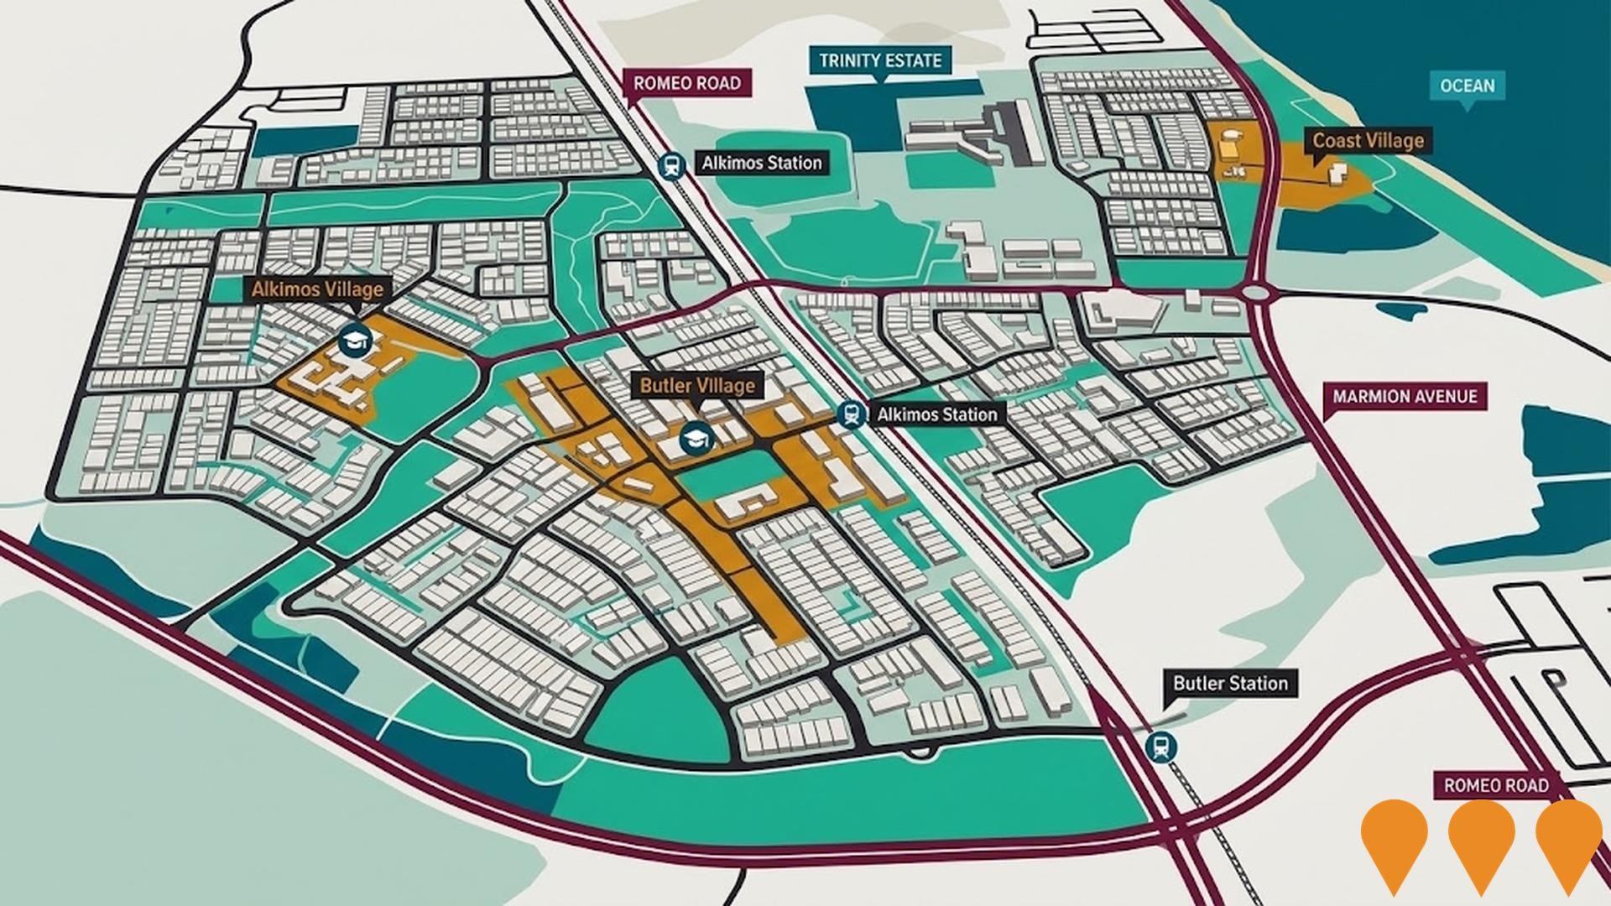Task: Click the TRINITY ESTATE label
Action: coord(880,60)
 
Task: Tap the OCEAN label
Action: coord(1467,86)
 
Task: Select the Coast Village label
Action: coord(1368,140)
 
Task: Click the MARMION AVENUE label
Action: coord(1405,396)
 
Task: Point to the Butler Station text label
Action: coord(1230,683)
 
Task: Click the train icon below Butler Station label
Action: coord(1160,746)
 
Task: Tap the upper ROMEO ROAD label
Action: coord(686,83)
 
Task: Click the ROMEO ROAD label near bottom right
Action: coord(1495,786)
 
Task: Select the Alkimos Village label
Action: coord(317,289)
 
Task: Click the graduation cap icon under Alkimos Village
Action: coord(355,340)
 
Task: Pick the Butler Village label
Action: coord(697,386)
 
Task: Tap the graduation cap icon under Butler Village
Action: coord(695,437)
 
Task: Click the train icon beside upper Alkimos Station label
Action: coord(670,165)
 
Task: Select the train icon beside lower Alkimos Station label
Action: coord(852,414)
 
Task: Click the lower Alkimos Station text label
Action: coord(936,414)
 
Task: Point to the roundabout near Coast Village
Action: coord(1256,293)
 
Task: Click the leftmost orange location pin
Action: coord(1394,839)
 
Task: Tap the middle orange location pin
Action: coord(1481,839)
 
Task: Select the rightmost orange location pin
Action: coord(1568,839)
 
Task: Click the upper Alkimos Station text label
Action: coord(761,163)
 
